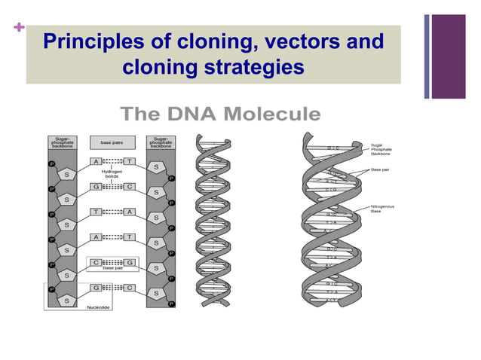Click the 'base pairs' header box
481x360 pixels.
[112, 141]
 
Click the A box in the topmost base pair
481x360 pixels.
[97, 161]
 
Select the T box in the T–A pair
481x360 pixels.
[97, 212]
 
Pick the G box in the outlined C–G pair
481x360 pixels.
[129, 262]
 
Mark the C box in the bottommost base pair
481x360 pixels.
[129, 288]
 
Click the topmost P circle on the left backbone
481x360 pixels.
[52, 161]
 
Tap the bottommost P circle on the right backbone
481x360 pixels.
[171, 304]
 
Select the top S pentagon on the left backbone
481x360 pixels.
[67, 175]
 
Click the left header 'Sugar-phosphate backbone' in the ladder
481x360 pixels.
[62, 141]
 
